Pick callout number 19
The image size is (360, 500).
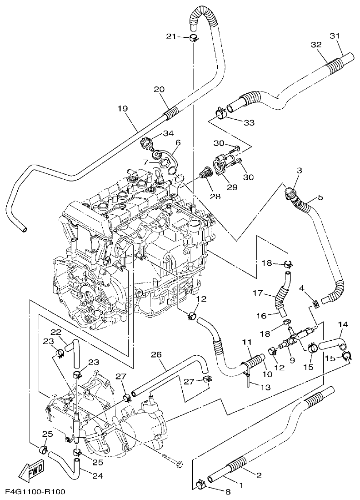(122, 109)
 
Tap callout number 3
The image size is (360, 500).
(299, 170)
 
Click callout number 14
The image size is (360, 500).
(343, 324)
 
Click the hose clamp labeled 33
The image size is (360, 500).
(220, 112)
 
